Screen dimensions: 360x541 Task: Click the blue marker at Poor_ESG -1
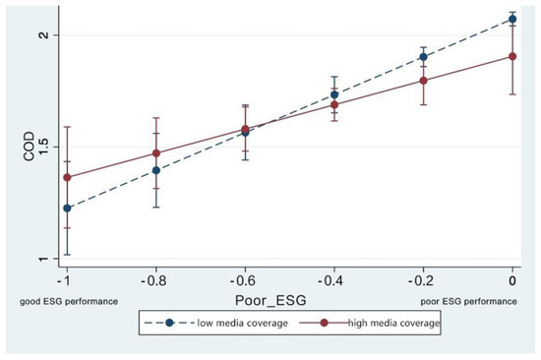point(67,209)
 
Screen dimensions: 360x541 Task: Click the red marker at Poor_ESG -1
point(67,177)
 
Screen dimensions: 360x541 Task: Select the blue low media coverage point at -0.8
point(156,170)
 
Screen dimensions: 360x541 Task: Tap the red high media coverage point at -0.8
point(156,153)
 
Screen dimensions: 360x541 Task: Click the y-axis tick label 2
point(40,35)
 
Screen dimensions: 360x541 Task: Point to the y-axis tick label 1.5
point(40,148)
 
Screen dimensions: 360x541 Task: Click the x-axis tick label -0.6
point(245,281)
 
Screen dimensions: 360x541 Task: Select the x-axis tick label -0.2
point(424,281)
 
